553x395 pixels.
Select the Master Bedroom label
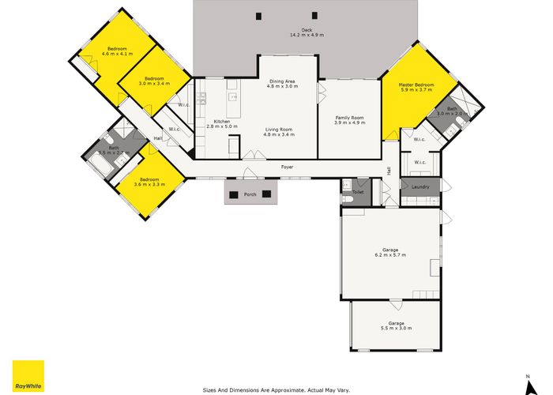416,84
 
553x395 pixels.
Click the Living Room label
278,129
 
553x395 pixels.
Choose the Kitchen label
220,121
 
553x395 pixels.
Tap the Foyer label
288,167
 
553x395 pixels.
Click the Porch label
250,194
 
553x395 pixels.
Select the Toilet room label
357,192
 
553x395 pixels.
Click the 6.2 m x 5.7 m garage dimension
389,255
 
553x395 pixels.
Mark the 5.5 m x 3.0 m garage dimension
396,328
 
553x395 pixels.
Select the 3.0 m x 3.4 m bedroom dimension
154,83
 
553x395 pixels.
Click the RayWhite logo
28,376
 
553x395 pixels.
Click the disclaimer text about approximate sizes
276,389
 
